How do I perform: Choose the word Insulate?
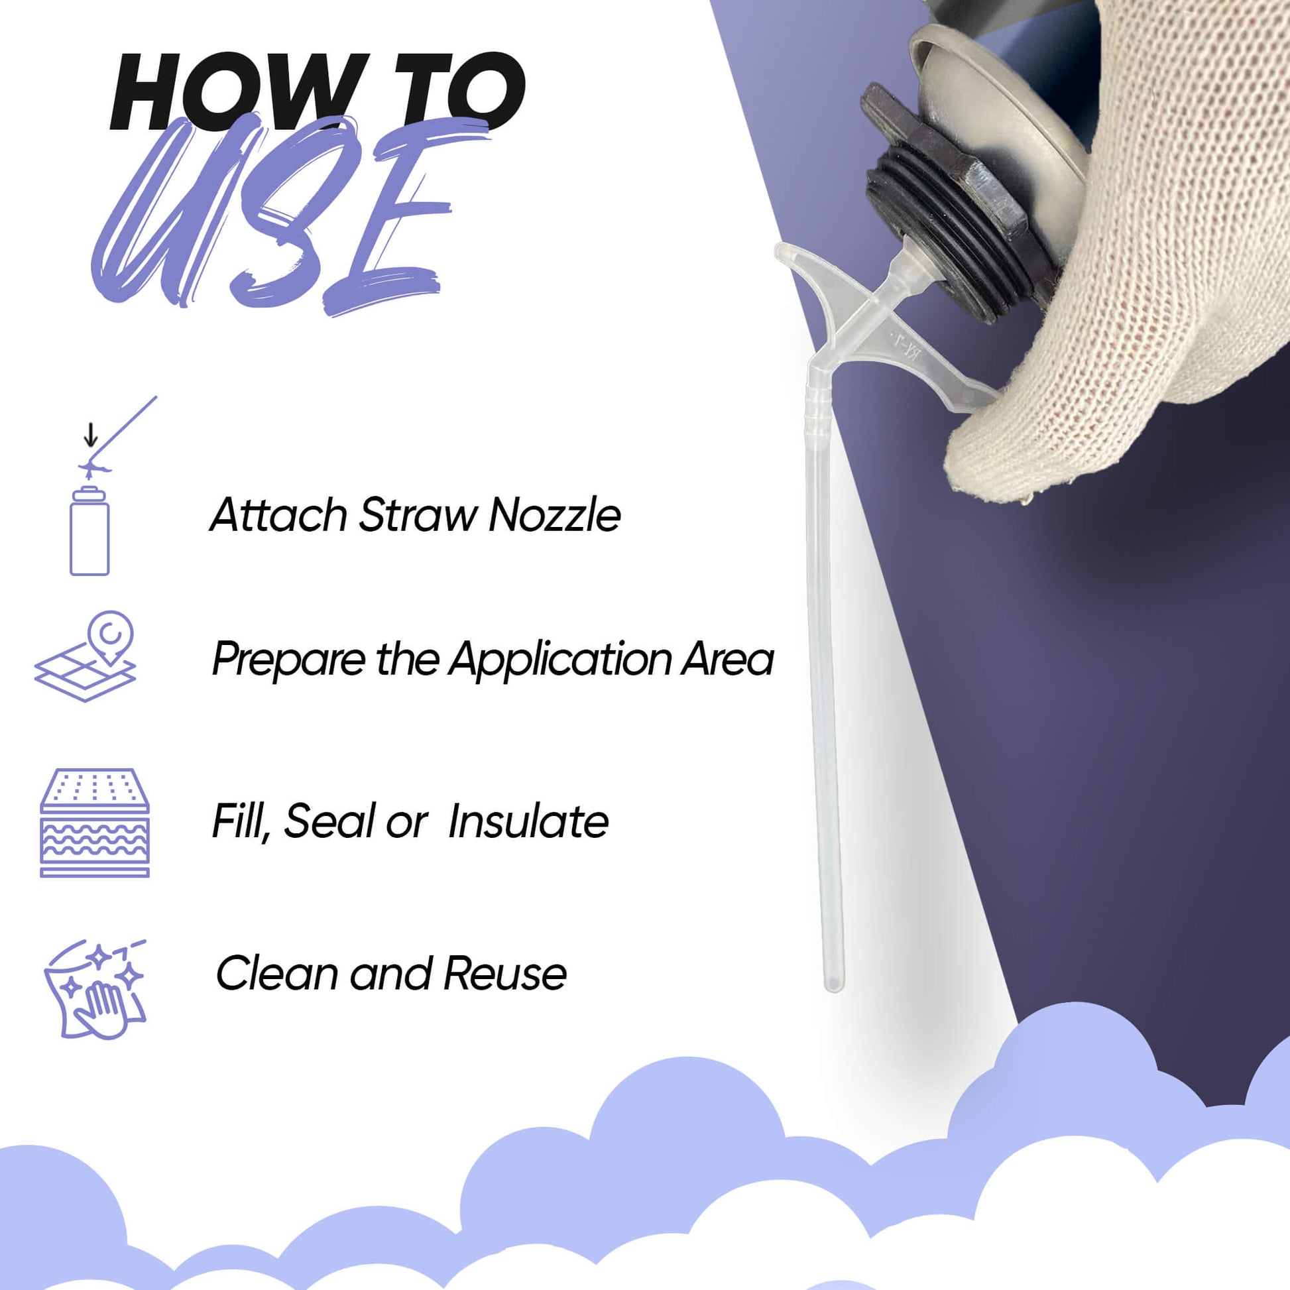click(528, 821)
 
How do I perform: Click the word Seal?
click(327, 821)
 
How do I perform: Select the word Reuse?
click(505, 973)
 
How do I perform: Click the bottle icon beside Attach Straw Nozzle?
click(89, 532)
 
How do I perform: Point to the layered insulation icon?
click(95, 822)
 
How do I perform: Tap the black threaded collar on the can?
click(948, 220)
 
